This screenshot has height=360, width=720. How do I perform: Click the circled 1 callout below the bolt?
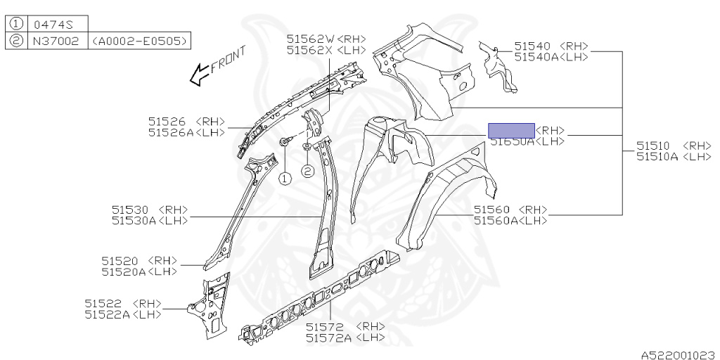pos(285,178)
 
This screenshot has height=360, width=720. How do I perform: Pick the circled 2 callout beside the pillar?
pos(307,170)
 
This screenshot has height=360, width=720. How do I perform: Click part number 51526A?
pos(172,131)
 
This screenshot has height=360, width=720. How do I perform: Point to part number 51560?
pos(492,210)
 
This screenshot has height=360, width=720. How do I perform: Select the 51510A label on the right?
pos(657,157)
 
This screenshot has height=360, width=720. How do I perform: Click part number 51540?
pos(532,46)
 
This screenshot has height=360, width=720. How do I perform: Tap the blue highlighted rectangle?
pos(511,130)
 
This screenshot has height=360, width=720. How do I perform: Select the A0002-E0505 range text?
pos(139,41)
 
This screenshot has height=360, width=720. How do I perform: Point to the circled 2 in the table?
pos(15,41)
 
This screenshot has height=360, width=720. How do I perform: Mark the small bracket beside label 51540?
pos(498,67)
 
